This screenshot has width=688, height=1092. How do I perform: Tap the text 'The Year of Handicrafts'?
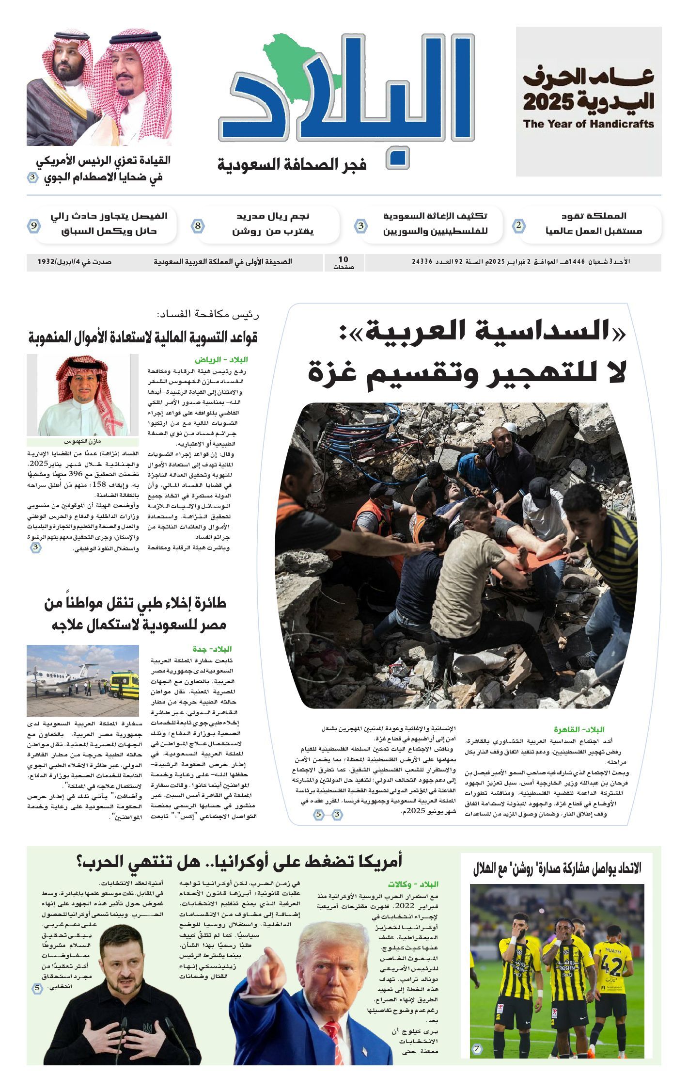pos(588,124)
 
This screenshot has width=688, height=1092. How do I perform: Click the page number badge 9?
pos(34,226)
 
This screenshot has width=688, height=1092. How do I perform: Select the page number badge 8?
pos(198,226)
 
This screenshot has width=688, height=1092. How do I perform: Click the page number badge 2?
pos(519,225)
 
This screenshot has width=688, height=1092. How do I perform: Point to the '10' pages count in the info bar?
pos(343,260)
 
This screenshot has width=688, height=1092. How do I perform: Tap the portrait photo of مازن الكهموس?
pos(82,395)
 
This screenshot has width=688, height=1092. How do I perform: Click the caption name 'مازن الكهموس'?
pos(82,442)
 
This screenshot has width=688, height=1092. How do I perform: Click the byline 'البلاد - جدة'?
pos(212,649)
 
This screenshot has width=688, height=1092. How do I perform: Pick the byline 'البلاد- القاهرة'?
pos(579,729)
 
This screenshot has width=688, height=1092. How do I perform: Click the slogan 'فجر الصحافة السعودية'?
pos(292,165)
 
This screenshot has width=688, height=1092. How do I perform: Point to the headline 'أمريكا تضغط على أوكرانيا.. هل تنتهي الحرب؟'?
pos(239,861)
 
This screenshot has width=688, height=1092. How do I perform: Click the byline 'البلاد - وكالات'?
pos(413,884)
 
